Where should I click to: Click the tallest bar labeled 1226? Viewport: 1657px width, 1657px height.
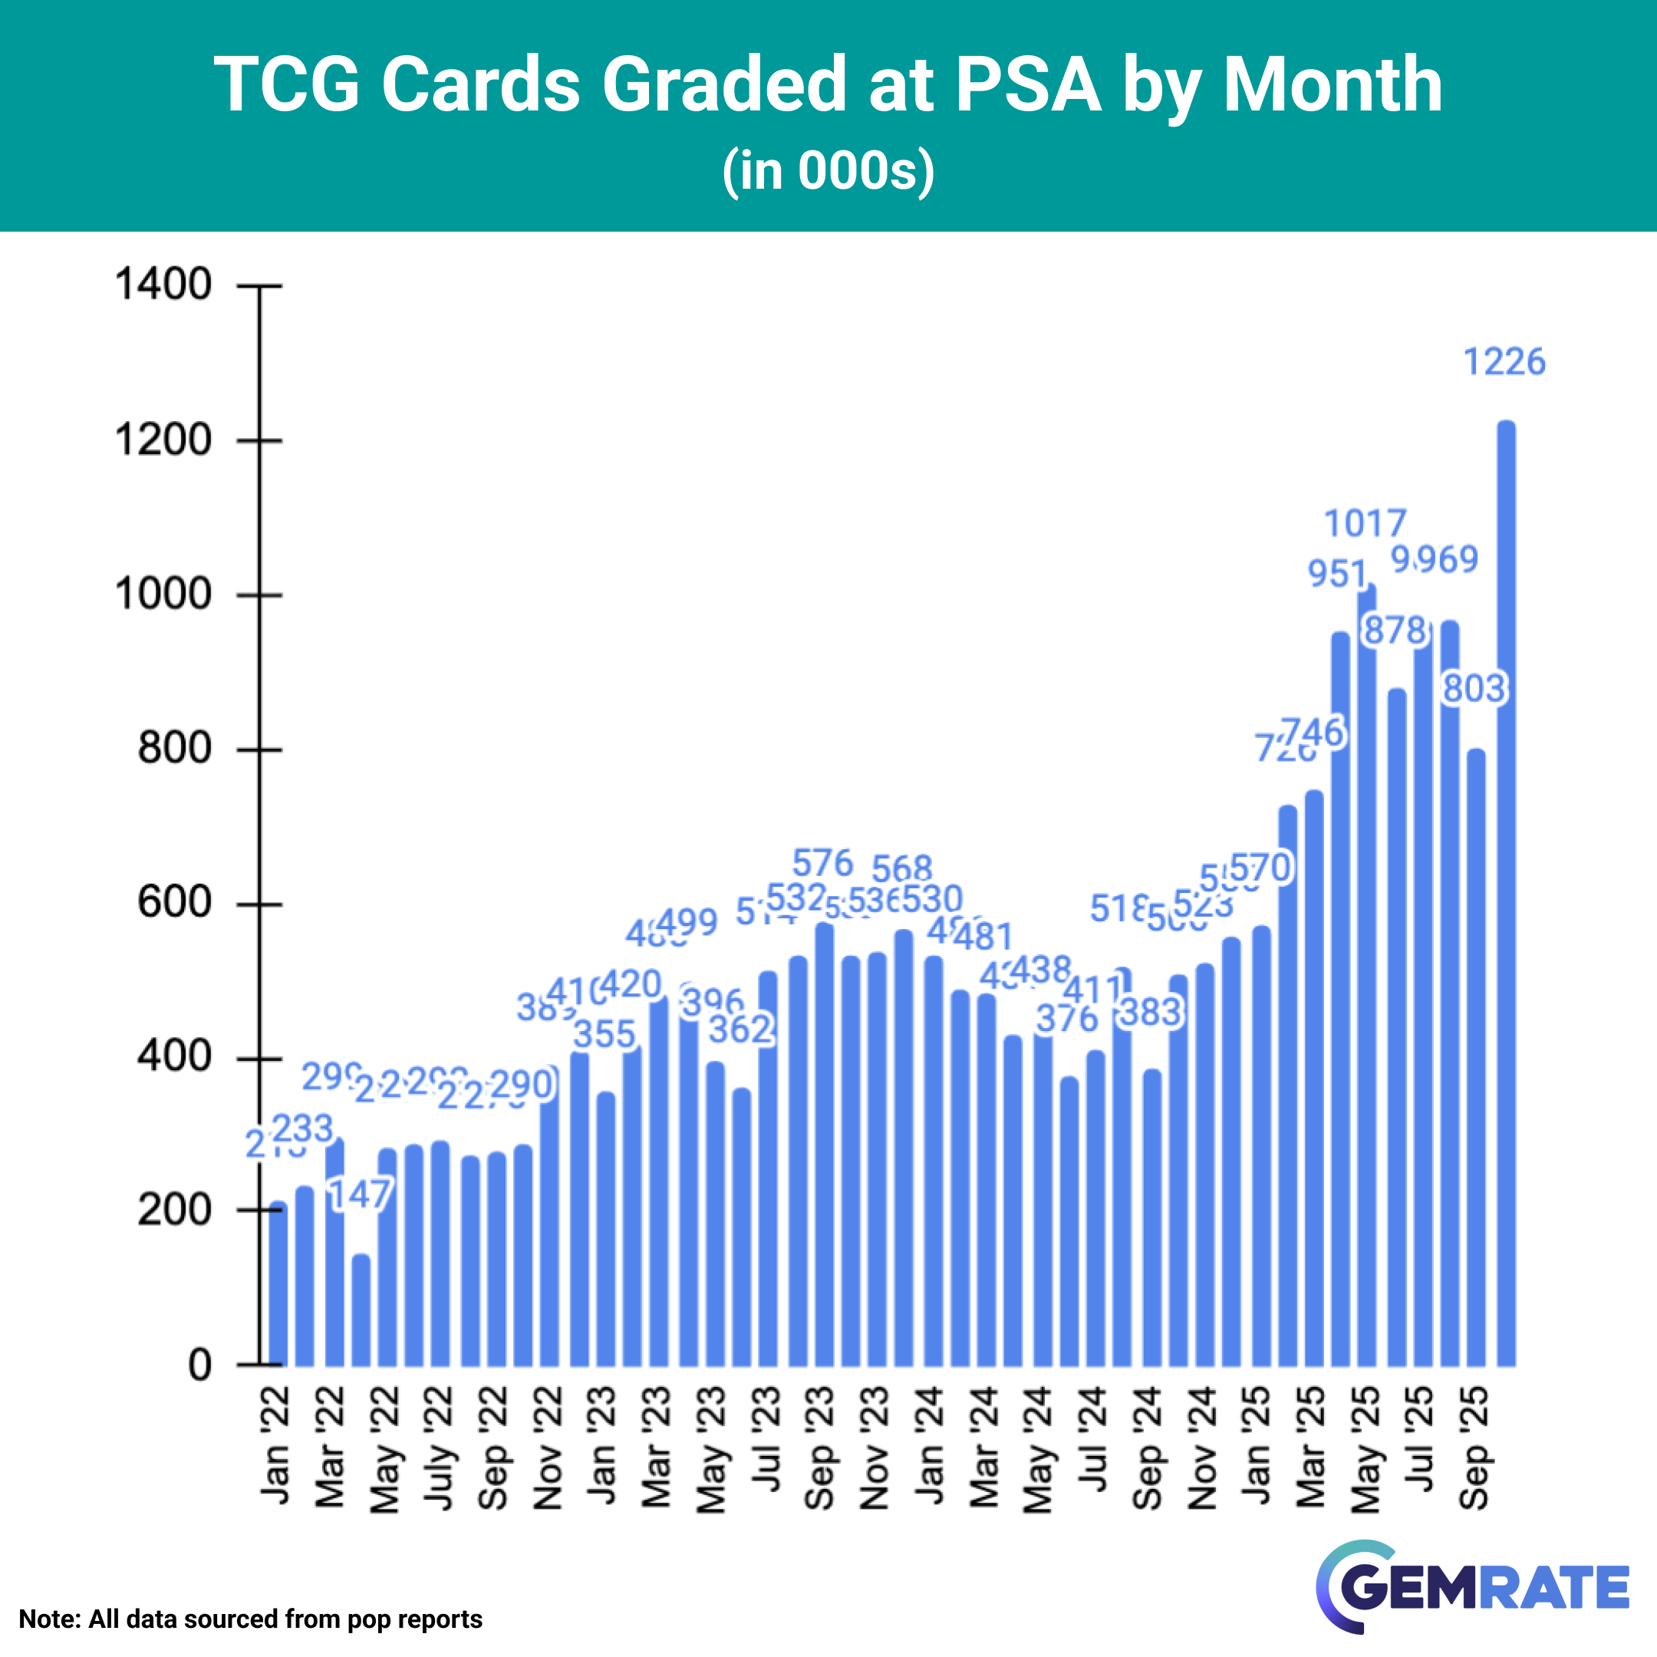point(1506,892)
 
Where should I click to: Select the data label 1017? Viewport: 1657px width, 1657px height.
point(1365,523)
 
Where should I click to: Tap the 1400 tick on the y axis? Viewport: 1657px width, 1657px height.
point(163,284)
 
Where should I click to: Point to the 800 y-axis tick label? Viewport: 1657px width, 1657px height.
point(174,748)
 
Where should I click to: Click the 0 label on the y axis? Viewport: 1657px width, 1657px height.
point(199,1365)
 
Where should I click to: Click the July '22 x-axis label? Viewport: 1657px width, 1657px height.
point(439,1449)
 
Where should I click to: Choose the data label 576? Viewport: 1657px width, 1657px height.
point(822,863)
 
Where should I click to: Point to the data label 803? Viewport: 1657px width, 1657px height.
point(1474,689)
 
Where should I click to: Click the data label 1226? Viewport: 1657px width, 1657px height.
point(1504,362)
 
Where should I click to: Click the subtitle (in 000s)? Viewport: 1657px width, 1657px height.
point(828,170)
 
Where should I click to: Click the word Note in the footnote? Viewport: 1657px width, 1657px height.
point(48,1619)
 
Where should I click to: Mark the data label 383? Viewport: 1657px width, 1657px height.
point(1151,1013)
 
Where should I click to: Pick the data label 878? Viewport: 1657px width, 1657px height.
point(1395,631)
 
